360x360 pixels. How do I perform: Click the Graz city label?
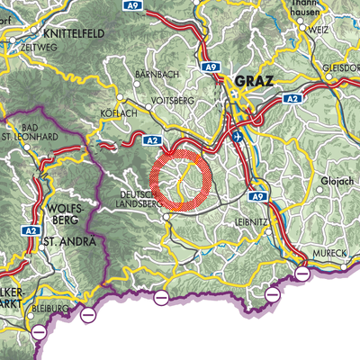252,82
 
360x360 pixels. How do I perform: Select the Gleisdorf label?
343,65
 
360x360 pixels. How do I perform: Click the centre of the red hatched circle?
180,181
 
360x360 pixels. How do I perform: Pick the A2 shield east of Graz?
290,99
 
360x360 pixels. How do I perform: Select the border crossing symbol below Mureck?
301,272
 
